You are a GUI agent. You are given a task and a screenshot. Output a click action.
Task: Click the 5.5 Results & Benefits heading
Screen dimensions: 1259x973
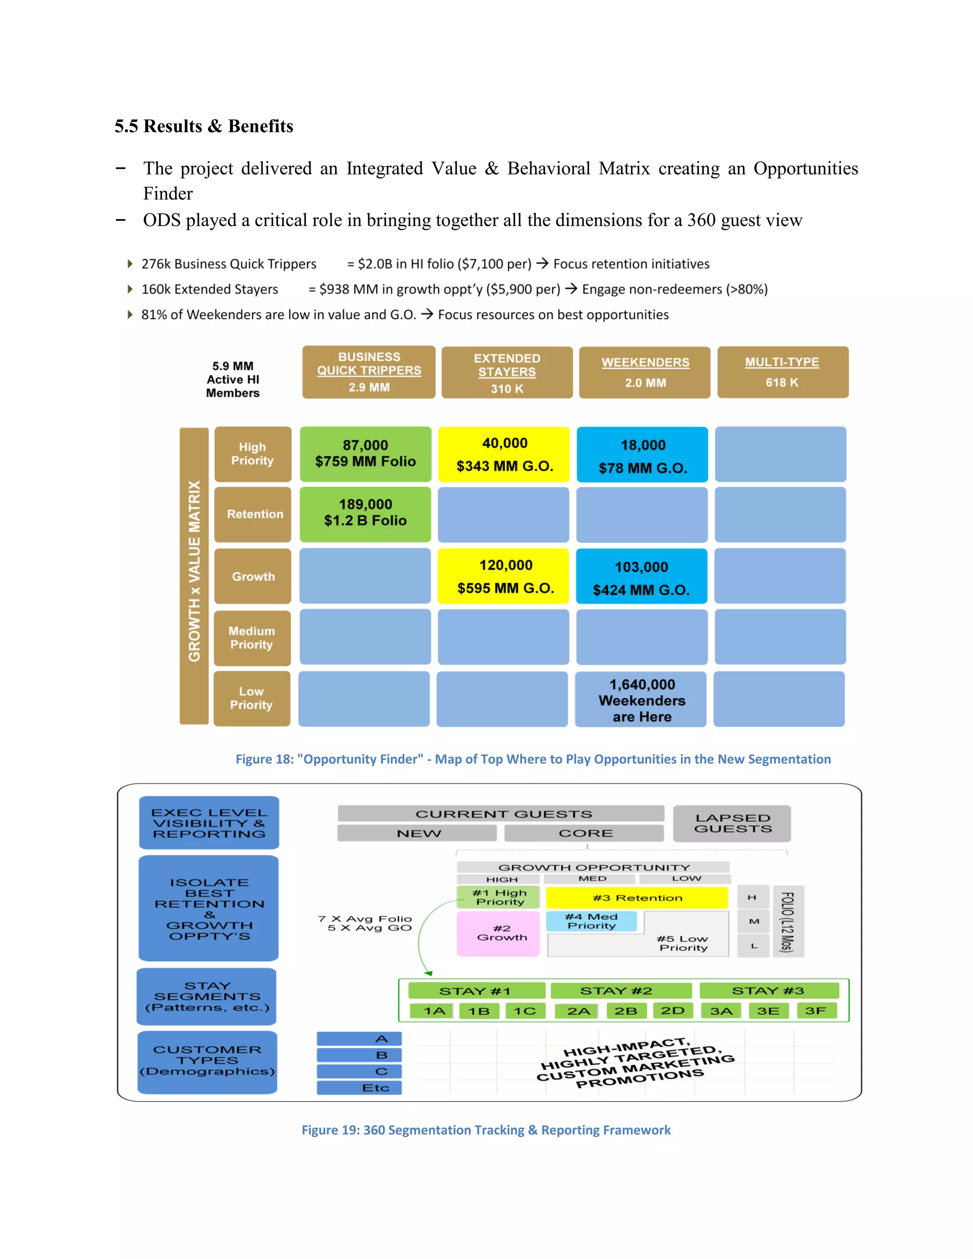[x=203, y=126]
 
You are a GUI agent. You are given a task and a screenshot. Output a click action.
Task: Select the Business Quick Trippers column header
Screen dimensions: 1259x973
[x=368, y=372]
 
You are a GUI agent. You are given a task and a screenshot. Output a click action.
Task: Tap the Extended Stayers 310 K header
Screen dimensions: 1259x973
[x=506, y=373]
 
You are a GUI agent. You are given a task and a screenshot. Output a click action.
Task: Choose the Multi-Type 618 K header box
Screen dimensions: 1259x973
[x=782, y=372]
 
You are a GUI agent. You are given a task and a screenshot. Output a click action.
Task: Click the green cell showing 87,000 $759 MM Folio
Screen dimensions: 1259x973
[x=365, y=454]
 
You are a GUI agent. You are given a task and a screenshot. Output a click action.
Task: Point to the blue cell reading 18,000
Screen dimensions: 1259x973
[x=642, y=455]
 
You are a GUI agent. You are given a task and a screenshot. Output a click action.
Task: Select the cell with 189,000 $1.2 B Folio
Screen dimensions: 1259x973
[x=365, y=514]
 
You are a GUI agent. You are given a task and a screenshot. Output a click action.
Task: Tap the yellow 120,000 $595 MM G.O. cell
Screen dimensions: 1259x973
[x=505, y=576]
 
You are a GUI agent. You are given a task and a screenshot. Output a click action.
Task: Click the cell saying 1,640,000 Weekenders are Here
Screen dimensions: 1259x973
[x=641, y=700]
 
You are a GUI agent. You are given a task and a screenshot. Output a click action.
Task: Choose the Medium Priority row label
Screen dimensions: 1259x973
[x=252, y=638]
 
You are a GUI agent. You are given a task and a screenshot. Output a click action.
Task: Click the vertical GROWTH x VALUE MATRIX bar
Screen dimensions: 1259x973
[x=194, y=575]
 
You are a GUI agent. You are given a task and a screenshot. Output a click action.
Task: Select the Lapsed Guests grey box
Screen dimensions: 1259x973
[x=732, y=823]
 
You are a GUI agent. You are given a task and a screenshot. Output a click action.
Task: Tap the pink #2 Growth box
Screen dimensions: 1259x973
[x=498, y=933]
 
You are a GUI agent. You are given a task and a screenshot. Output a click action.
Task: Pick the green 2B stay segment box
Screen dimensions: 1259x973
[x=625, y=1011]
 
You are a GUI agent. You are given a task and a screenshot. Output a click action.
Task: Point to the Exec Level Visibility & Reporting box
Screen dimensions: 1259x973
[x=209, y=822]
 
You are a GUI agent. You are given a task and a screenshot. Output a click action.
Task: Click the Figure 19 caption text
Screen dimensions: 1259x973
[x=486, y=1130]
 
